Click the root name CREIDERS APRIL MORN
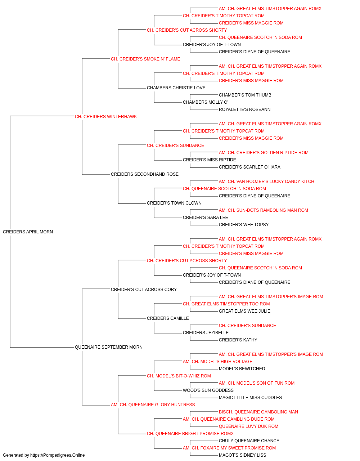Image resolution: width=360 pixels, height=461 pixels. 28,232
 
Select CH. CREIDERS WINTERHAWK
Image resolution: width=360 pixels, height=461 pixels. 106,117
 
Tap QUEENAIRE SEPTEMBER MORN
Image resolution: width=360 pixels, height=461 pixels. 109,347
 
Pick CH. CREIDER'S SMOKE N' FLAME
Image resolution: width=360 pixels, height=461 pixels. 145,59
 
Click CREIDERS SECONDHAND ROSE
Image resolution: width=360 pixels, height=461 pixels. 145,174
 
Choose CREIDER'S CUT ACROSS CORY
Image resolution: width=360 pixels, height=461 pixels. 144,290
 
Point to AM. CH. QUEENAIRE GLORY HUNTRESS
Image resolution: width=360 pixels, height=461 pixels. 153,405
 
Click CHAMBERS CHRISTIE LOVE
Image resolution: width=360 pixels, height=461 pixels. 176,88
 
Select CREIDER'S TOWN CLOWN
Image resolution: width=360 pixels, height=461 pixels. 174,203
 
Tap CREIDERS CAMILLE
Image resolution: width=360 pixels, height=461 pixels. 168,318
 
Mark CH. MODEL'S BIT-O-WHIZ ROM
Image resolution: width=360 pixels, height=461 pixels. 179,376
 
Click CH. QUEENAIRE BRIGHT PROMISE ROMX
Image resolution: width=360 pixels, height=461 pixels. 190,434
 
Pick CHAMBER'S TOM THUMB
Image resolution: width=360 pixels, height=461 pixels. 245,95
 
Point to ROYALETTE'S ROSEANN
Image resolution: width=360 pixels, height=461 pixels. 245,109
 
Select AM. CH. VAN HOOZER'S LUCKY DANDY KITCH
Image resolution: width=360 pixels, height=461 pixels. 266,182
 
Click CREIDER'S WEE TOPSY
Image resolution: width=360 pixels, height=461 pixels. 244,225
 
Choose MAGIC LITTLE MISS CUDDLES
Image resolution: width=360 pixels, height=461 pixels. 251,398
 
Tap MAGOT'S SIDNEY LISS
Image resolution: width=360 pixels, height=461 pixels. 243,455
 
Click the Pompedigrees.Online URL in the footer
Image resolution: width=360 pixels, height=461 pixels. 58,455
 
